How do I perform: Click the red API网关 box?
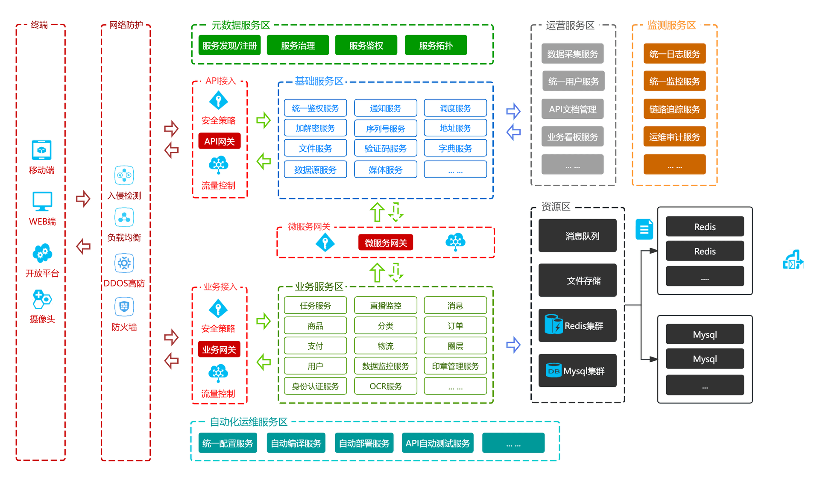click(x=219, y=141)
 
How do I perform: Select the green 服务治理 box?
click(x=298, y=45)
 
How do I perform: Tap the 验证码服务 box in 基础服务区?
click(x=385, y=148)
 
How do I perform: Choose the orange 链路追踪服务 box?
click(x=674, y=109)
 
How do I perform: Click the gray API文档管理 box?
click(x=572, y=109)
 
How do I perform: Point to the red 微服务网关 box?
click(x=385, y=243)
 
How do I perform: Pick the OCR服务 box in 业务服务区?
click(x=385, y=386)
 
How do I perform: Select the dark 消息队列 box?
click(x=577, y=236)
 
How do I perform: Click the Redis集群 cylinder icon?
click(x=553, y=324)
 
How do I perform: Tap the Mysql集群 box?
click(x=577, y=371)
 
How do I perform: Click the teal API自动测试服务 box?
click(x=437, y=443)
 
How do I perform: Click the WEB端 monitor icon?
click(x=42, y=201)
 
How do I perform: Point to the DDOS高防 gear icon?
click(x=124, y=263)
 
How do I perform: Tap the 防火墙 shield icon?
click(x=124, y=307)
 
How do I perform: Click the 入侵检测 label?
click(x=124, y=196)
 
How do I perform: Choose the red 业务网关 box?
click(x=219, y=349)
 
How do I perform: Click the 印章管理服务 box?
click(x=455, y=366)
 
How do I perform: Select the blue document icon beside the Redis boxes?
click(x=644, y=229)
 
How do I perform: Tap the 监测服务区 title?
click(x=671, y=25)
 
